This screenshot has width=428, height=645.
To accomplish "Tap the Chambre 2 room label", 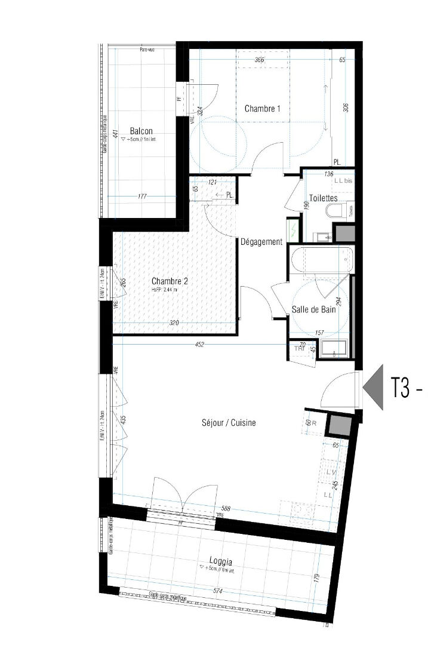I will point(170,281).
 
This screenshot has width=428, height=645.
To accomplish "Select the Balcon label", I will point(141,131).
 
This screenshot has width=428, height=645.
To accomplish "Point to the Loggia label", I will point(221,561).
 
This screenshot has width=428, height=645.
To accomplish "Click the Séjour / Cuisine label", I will point(229,423).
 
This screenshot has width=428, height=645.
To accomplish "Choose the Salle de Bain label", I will point(313,309).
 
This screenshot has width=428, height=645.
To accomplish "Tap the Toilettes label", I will point(324,198).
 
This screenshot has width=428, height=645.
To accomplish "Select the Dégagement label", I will point(261,242).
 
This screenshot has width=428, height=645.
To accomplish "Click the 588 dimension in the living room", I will point(222,509).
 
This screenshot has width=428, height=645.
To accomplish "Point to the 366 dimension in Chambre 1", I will point(258,60).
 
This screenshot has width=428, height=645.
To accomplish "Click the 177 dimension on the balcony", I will point(141,196).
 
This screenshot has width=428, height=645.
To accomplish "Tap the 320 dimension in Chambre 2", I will point(174,322).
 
